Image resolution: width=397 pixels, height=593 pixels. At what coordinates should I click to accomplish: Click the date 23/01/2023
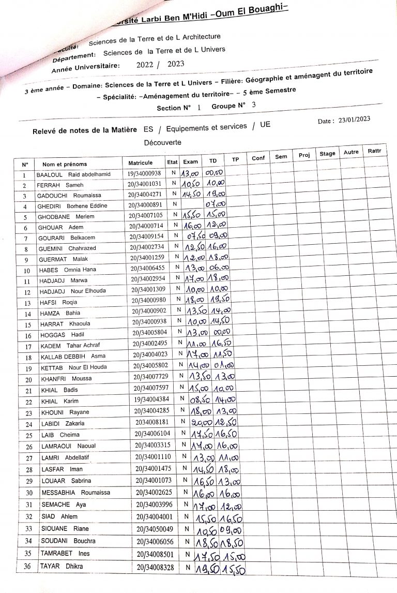(355, 119)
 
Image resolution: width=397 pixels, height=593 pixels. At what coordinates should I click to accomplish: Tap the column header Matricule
(141, 162)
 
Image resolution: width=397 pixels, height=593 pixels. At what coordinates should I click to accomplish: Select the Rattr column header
(375, 151)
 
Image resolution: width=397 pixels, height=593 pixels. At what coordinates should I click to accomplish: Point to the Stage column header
(327, 153)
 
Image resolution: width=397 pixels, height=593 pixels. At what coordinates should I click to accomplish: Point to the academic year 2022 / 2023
(160, 65)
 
